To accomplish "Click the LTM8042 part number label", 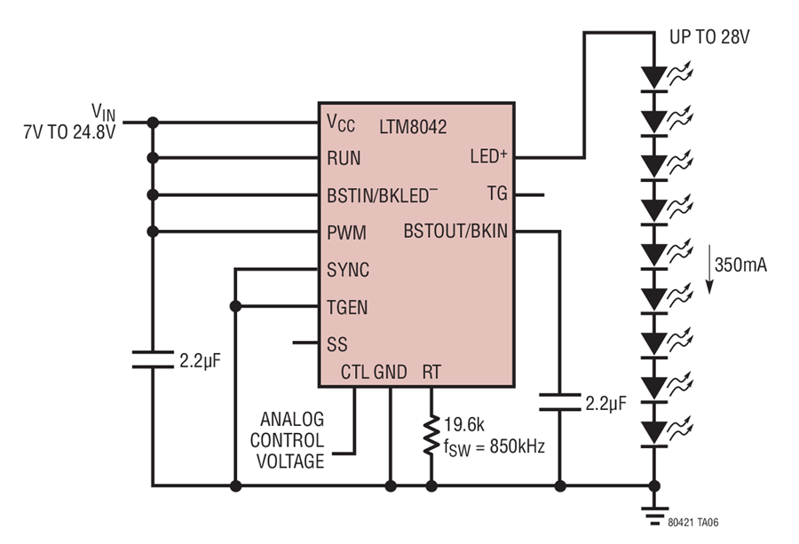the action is [413, 127].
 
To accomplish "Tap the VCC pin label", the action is [341, 123].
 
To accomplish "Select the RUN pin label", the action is [344, 159].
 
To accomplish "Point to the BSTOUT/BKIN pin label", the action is [455, 232].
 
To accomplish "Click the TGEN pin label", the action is [347, 308].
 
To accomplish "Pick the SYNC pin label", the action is [348, 270].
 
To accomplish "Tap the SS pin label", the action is [336, 345].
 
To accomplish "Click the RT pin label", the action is [431, 373].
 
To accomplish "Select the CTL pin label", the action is [354, 373].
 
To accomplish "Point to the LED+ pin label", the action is [488, 156].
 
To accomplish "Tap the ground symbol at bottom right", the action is [654, 516].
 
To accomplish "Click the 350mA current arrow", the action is [708, 270].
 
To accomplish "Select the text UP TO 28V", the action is [709, 37].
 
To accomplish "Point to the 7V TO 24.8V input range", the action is [69, 132].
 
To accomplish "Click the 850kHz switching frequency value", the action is [518, 446].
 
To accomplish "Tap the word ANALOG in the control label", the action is [292, 420].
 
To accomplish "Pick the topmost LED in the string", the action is [654, 79].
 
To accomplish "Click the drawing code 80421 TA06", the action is [693, 523].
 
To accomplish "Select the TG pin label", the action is [497, 194].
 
